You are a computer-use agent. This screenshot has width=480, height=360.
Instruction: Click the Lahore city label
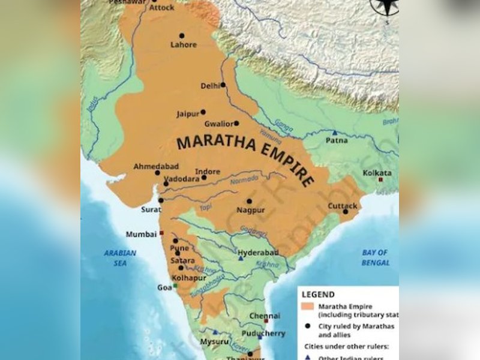[183, 44]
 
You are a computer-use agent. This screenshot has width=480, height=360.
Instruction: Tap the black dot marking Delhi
[223, 85]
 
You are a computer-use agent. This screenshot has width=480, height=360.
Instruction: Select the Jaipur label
[188, 113]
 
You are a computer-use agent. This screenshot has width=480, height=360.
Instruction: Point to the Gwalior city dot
[236, 124]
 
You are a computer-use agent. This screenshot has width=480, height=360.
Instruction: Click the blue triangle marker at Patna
[335, 132]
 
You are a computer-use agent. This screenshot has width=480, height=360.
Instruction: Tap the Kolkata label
[377, 173]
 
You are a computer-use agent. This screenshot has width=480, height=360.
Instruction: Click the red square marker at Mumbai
[161, 233]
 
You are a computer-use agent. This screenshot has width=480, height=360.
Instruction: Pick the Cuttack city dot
[346, 211]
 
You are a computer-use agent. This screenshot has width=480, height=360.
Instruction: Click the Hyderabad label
[258, 253]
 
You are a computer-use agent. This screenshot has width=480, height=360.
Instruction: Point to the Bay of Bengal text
[375, 257]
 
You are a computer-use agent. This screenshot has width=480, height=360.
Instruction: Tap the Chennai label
[265, 316]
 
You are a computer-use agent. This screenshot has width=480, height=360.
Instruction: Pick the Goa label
[164, 287]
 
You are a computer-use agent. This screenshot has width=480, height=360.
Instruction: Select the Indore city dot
[204, 178]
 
